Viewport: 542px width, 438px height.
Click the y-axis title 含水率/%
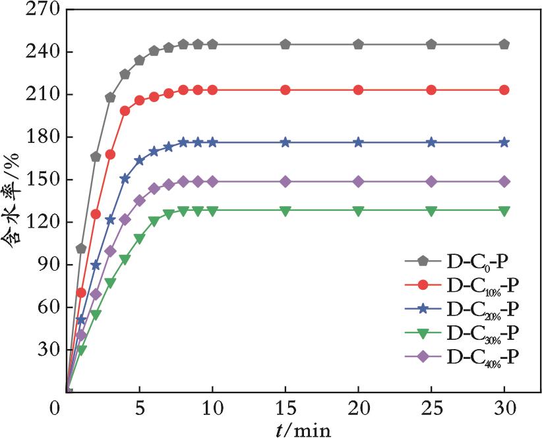pyautogui.click(x=15, y=202)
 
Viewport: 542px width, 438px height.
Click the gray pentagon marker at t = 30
pyautogui.click(x=504, y=45)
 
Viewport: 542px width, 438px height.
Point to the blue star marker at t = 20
pyautogui.click(x=358, y=142)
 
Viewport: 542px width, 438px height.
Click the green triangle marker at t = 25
pyautogui.click(x=431, y=211)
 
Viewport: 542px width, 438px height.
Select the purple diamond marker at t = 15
pyautogui.click(x=286, y=181)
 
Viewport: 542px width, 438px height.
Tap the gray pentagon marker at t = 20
pyautogui.click(x=358, y=45)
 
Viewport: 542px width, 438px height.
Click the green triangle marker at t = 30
pyautogui.click(x=504, y=211)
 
